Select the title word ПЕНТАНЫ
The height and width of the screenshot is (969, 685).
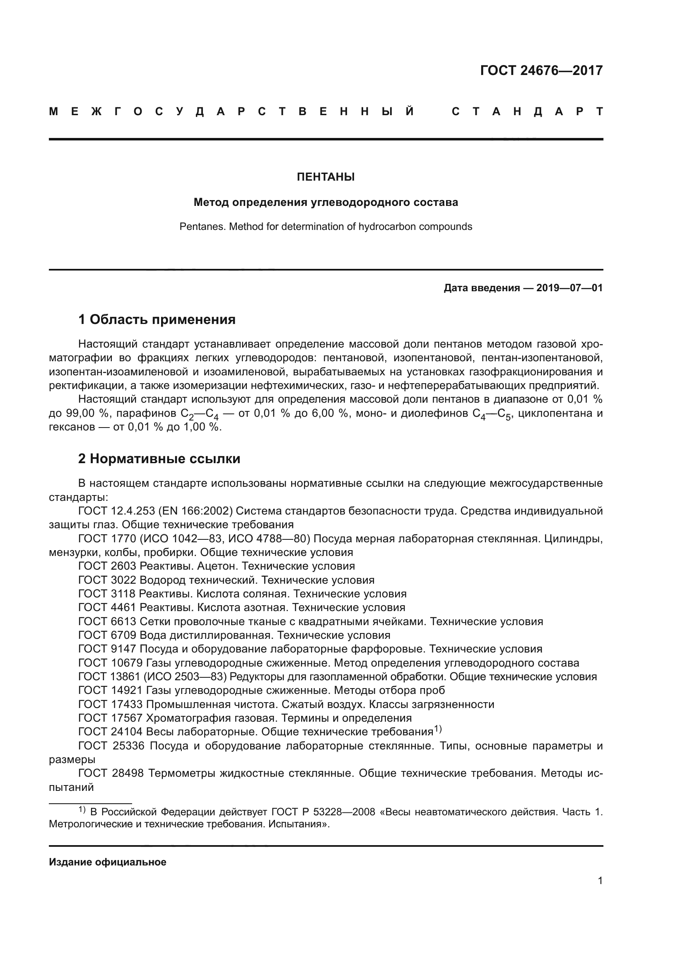(x=326, y=177)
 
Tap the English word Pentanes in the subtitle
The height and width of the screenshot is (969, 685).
(x=197, y=227)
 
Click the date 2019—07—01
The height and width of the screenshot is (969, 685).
(x=569, y=288)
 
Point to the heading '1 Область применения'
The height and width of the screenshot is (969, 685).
(x=157, y=319)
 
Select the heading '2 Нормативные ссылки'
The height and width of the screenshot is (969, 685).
(x=159, y=458)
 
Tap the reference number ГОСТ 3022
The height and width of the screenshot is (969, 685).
(x=107, y=580)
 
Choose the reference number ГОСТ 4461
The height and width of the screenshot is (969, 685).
(x=107, y=607)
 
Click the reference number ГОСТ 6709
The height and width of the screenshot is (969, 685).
(x=107, y=635)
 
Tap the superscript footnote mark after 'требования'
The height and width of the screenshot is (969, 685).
(x=437, y=729)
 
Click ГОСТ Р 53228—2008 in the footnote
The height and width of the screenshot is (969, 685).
(x=323, y=812)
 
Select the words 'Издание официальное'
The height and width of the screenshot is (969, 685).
(x=108, y=870)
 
